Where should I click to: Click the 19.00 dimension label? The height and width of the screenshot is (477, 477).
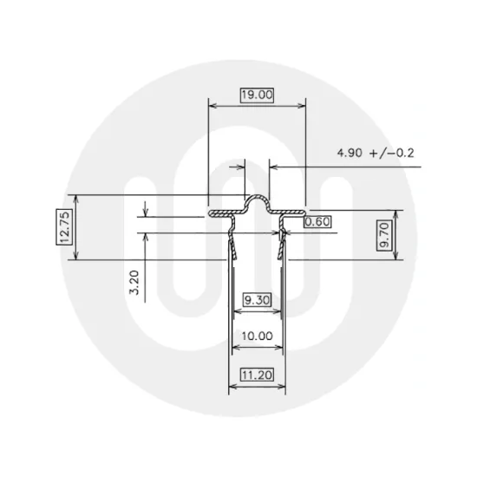coord(257,95)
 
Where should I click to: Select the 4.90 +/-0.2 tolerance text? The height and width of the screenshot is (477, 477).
coord(376,153)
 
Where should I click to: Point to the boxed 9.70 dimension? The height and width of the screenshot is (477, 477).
coord(384,234)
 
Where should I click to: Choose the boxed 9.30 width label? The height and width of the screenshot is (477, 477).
coord(258,300)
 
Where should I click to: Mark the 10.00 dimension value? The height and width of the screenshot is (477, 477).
coord(258,336)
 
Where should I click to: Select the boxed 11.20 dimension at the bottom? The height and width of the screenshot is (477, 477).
coord(258,376)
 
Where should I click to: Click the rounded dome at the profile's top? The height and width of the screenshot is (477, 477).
coord(257,202)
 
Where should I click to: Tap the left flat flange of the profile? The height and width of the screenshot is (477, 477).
coord(224,212)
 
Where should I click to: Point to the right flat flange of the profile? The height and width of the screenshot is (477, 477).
coord(291,212)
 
